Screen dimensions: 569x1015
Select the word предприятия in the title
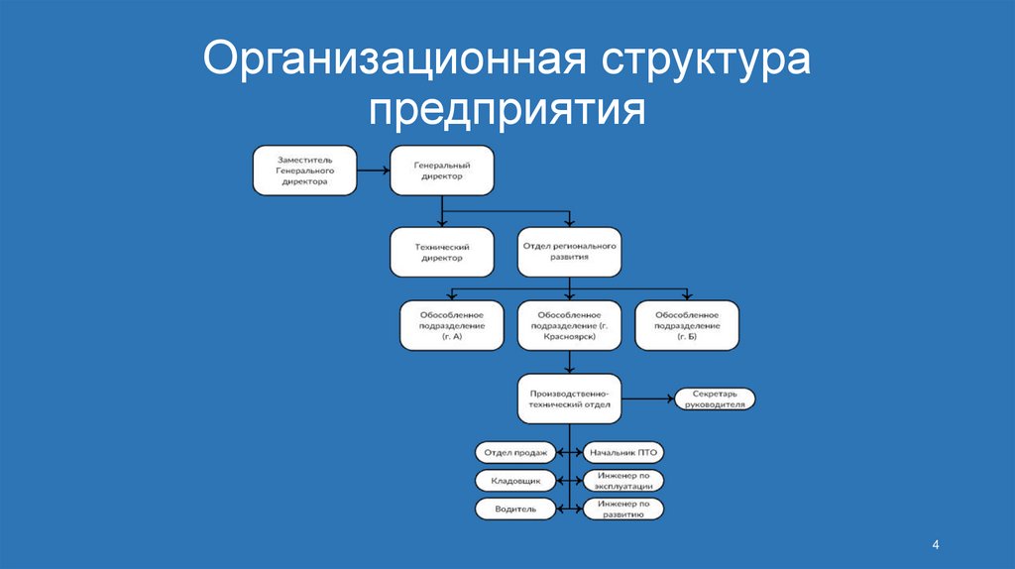coord(507,110)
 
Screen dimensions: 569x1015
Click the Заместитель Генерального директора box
coord(304,170)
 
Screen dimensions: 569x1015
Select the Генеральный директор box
coord(441,170)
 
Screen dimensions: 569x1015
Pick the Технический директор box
coord(441,252)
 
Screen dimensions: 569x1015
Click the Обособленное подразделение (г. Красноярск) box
coord(569,325)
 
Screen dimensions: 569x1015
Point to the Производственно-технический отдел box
coord(569,398)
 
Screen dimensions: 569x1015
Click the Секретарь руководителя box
coord(715,398)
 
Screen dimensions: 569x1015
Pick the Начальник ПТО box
coord(623,452)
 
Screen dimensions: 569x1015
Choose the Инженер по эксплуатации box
coord(623,481)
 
